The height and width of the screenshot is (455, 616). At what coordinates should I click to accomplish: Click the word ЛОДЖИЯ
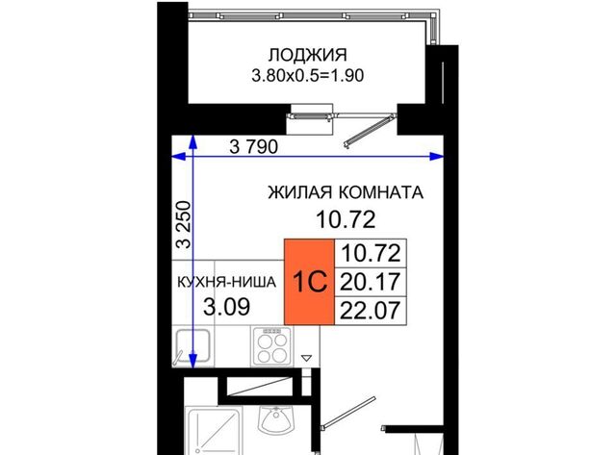[308, 55]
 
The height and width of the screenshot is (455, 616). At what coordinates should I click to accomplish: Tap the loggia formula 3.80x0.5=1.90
[308, 75]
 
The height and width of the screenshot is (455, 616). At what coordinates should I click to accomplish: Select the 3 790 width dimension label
[254, 147]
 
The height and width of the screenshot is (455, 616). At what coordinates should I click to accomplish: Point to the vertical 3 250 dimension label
[184, 224]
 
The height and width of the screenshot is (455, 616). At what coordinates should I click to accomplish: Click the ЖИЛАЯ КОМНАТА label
[346, 192]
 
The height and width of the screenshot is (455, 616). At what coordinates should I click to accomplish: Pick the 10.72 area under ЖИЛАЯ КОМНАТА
[346, 219]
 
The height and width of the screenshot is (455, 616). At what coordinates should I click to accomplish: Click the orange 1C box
[310, 282]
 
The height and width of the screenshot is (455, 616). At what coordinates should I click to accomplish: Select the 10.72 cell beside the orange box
[371, 253]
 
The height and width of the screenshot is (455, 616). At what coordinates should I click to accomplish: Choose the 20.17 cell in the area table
[371, 282]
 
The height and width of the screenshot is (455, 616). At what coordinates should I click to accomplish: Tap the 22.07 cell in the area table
[371, 311]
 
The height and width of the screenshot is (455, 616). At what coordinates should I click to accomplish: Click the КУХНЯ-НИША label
[227, 282]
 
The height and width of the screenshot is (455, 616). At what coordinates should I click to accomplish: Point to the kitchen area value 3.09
[227, 307]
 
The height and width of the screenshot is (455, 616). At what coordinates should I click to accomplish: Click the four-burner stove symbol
[271, 346]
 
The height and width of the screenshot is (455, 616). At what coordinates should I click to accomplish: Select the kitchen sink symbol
[192, 346]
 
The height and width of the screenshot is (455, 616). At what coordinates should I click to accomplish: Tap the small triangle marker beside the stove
[306, 358]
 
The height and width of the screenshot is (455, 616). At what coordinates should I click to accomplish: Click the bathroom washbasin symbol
[276, 419]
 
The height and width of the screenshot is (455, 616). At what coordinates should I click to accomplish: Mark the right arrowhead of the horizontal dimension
[437, 157]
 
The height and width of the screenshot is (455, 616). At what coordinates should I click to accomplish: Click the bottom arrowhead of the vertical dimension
[192, 361]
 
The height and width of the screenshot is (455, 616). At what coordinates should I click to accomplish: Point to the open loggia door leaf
[370, 130]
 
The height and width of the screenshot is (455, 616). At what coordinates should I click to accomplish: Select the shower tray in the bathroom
[214, 431]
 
